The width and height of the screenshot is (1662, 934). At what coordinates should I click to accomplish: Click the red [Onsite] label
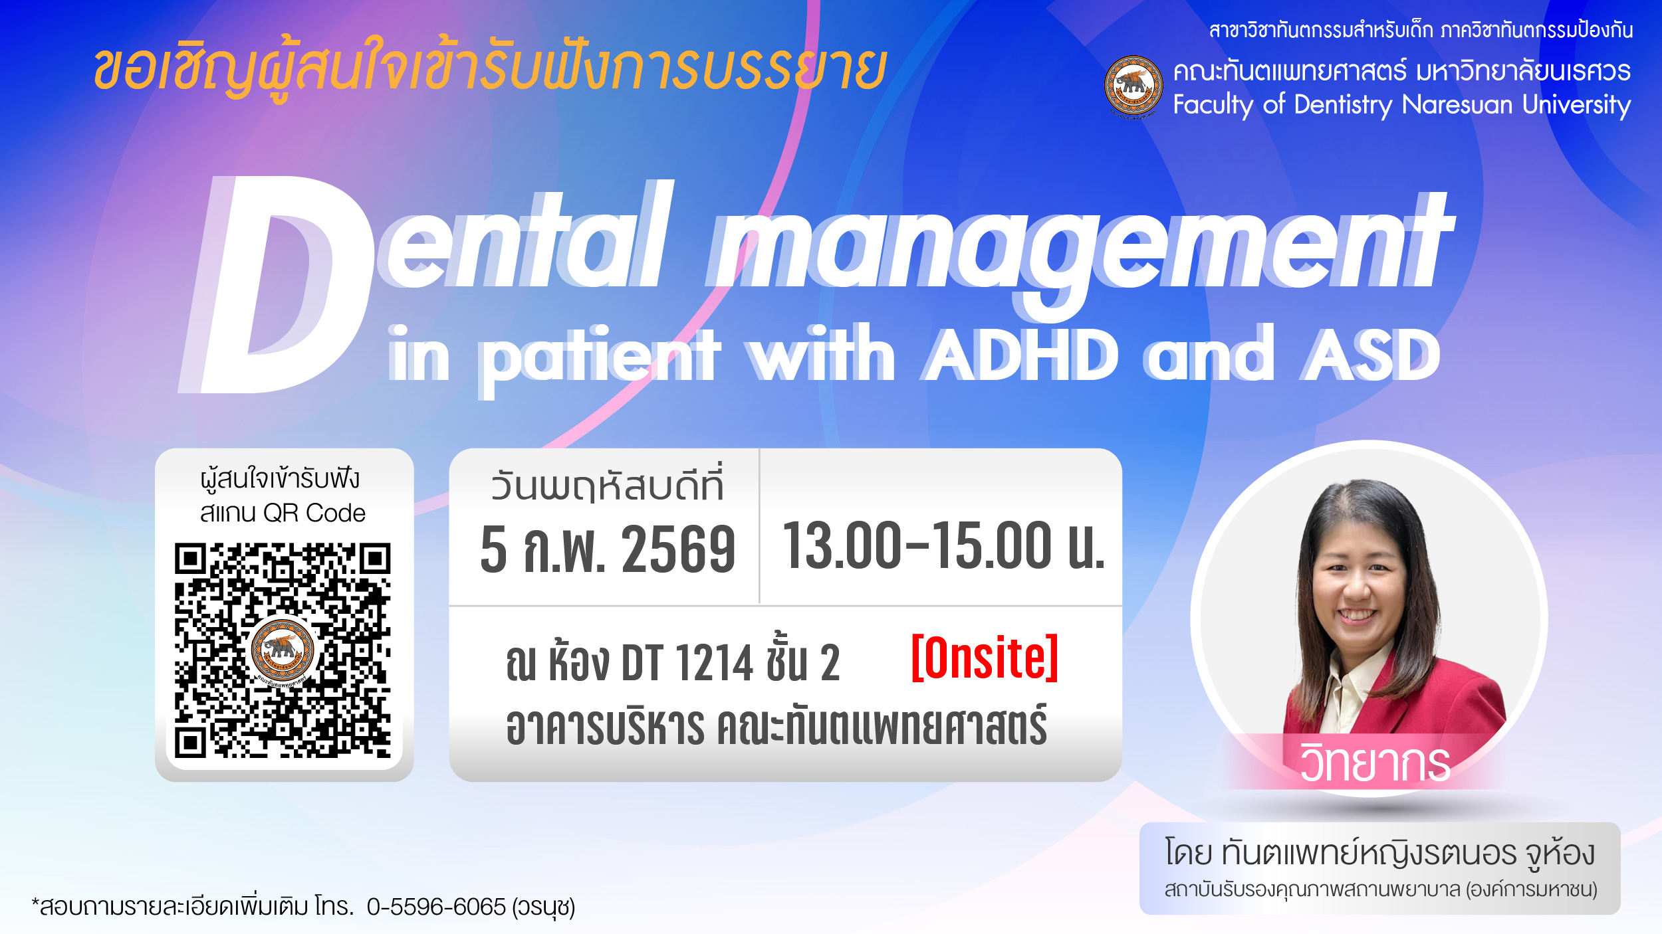pyautogui.click(x=984, y=658)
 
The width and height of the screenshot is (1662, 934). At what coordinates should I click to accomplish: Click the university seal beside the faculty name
pyautogui.click(x=1133, y=86)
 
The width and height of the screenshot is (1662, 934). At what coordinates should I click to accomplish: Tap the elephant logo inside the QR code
pyautogui.click(x=283, y=648)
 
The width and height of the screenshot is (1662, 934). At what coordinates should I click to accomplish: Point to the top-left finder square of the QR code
pyautogui.click(x=190, y=559)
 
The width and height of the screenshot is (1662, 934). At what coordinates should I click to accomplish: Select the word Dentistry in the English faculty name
pyautogui.click(x=1343, y=105)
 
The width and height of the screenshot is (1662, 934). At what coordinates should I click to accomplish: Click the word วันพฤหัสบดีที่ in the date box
pyautogui.click(x=606, y=486)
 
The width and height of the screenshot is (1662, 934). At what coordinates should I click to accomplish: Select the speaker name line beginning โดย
pyautogui.click(x=1379, y=853)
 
